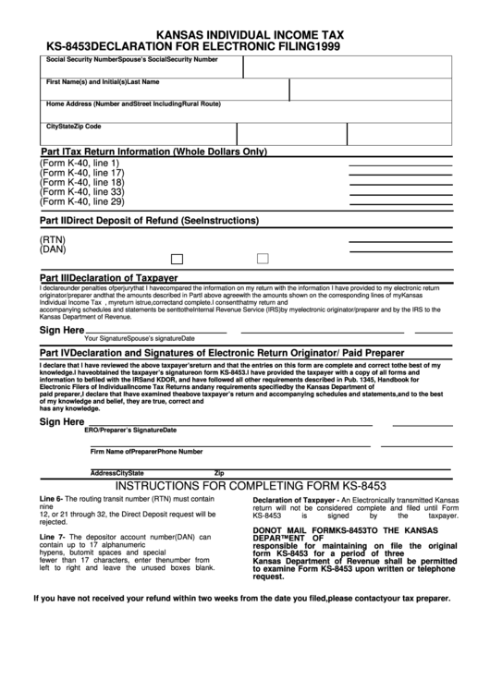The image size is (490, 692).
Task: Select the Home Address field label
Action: (x=133, y=103)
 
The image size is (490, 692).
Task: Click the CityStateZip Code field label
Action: (x=74, y=126)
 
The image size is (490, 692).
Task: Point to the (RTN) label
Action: (x=53, y=239)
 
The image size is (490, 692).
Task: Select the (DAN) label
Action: (x=53, y=249)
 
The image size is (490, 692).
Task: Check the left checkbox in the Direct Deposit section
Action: (x=178, y=259)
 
